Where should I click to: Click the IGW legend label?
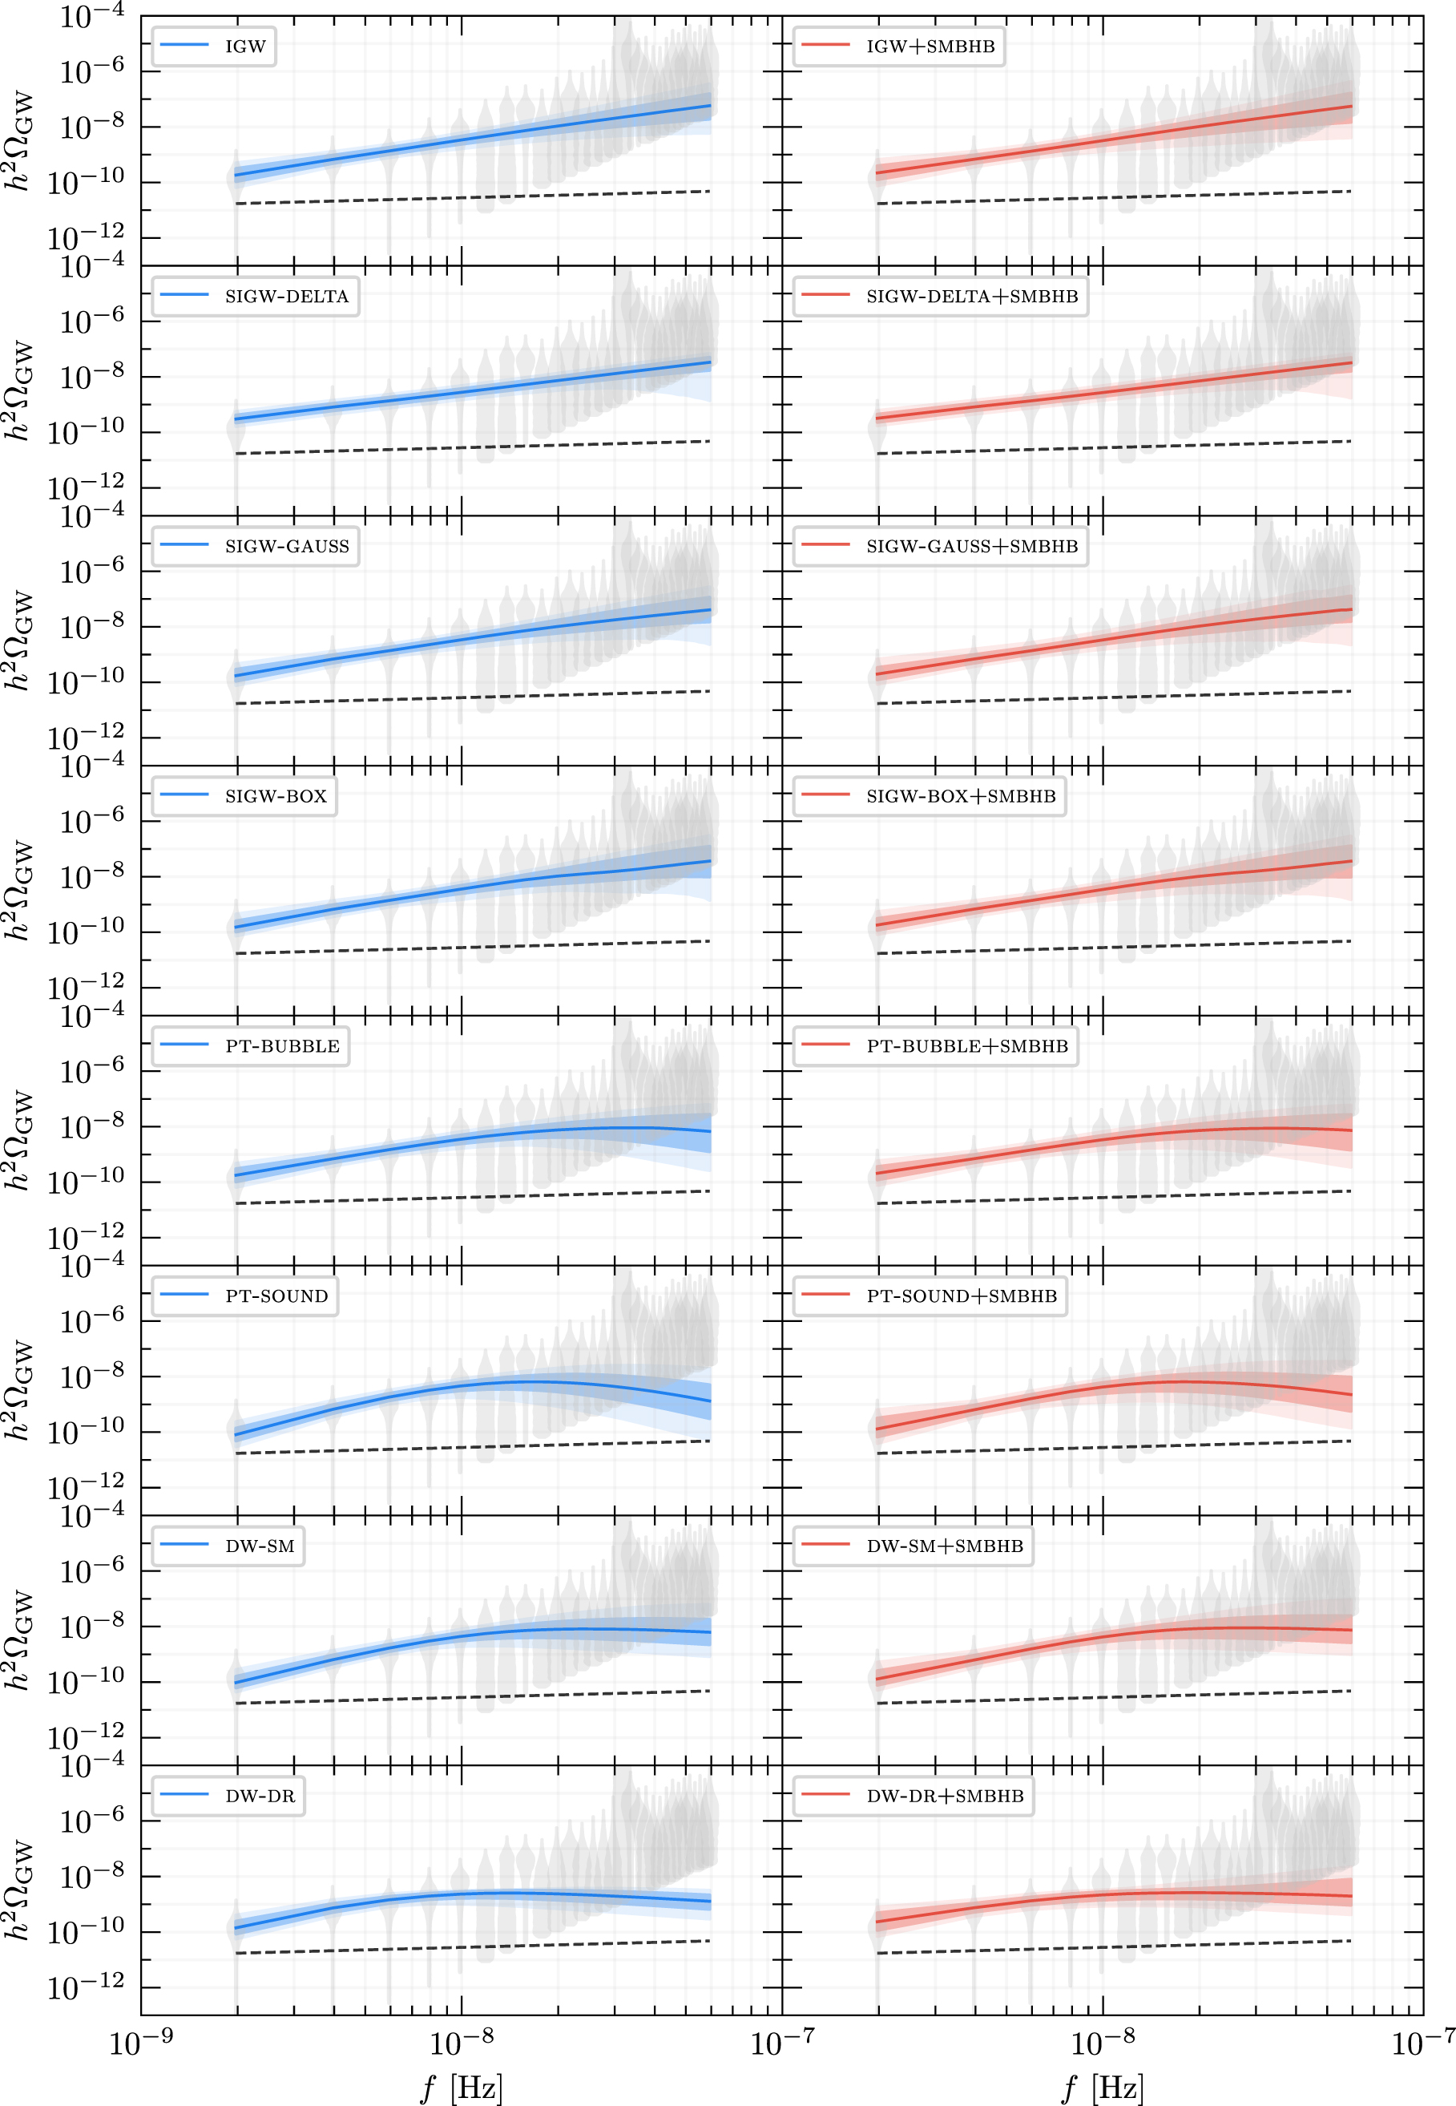[245, 46]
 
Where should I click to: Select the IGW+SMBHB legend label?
[930, 46]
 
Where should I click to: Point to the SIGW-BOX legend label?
[276, 797]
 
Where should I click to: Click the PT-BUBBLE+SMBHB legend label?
[967, 1047]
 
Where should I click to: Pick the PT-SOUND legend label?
[276, 1296]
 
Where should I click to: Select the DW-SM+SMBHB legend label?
[944, 1546]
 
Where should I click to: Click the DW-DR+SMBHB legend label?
[945, 1797]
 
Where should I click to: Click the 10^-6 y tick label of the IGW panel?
[91, 71]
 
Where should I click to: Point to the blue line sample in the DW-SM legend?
[184, 1544]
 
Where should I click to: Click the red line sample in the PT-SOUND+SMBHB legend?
[825, 1294]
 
